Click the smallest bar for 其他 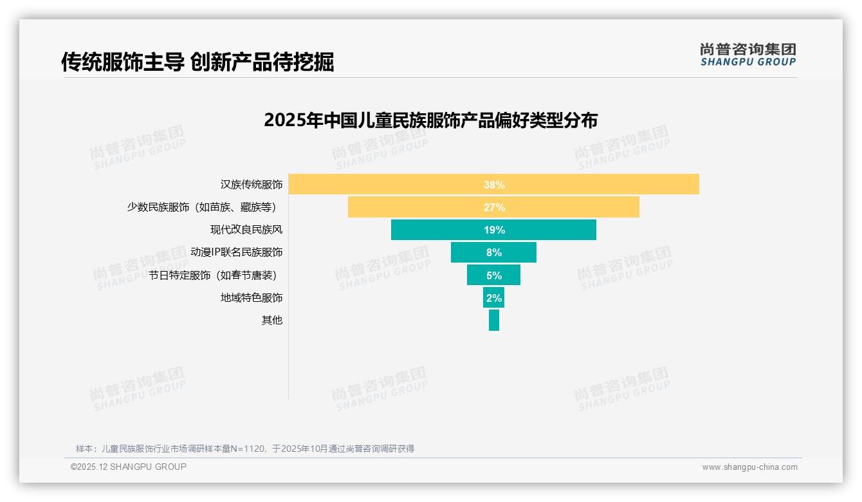(494, 320)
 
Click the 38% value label (494, 185)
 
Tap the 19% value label (494, 230)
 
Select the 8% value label (494, 252)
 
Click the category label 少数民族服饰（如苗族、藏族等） (205, 207)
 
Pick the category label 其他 (271, 320)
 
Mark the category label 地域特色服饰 (252, 297)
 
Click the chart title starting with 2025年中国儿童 (430, 120)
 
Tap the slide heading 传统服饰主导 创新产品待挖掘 (197, 62)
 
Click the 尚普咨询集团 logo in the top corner (747, 55)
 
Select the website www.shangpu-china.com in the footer (749, 467)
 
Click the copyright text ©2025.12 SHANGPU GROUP (129, 467)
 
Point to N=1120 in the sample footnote (248, 449)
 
